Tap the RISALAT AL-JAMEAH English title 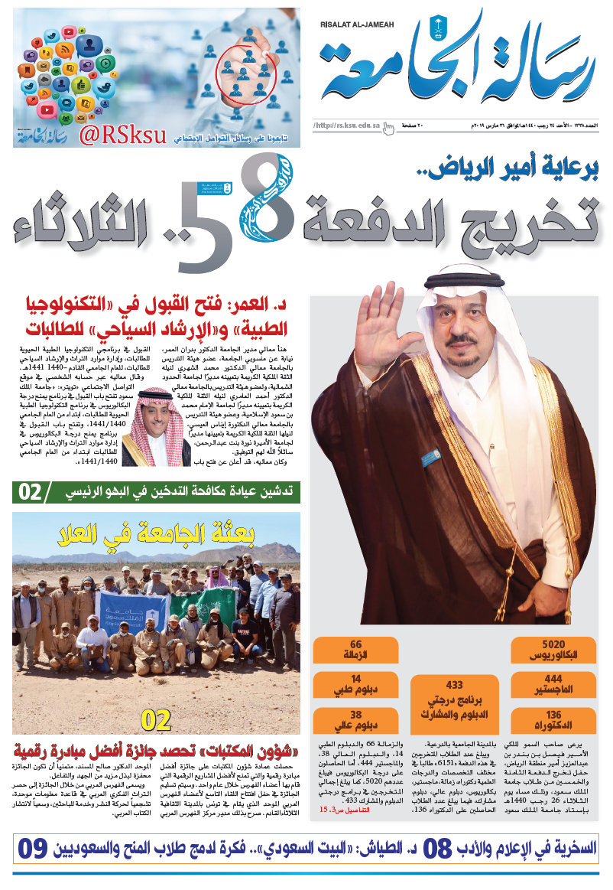pos(356,24)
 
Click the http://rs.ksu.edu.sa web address pos(348,125)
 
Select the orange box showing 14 pos(355,684)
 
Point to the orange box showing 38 pos(355,720)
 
